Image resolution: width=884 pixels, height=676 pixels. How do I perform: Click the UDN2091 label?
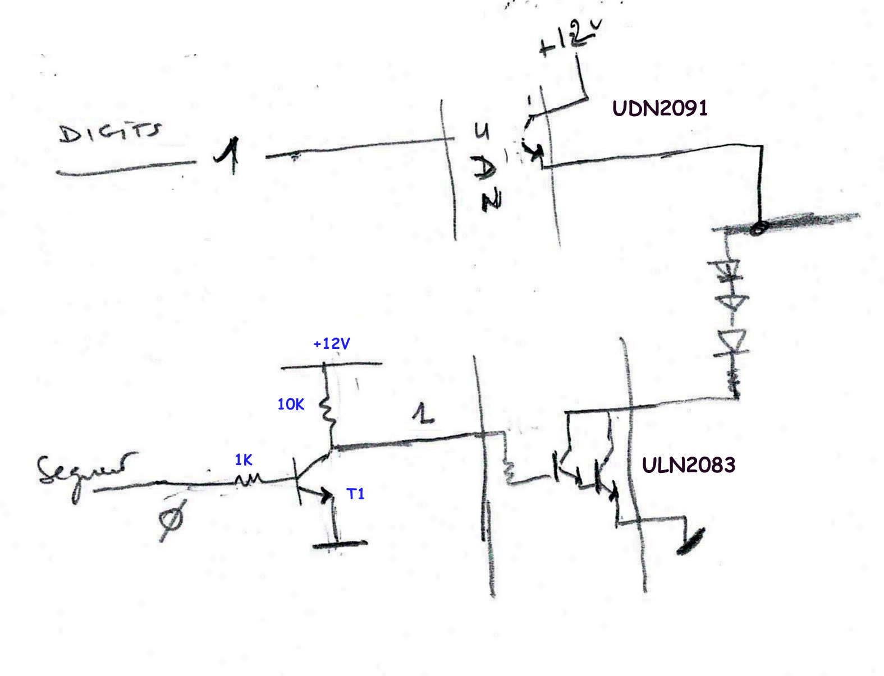tap(660, 108)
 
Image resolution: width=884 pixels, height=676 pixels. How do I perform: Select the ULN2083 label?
tap(689, 465)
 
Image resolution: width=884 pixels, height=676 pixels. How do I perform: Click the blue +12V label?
tap(331, 343)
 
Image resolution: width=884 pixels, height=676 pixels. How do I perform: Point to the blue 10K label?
tap(291, 404)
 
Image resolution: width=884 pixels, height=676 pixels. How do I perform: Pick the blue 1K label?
tap(244, 461)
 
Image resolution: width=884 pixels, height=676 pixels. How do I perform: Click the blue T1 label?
tap(356, 494)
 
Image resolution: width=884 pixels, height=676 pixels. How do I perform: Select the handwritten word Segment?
tap(86, 469)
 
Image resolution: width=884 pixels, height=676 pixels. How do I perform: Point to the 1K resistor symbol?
tap(248, 480)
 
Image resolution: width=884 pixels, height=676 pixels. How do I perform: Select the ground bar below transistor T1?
tap(340, 544)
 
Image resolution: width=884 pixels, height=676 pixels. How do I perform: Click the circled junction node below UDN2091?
tap(759, 228)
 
